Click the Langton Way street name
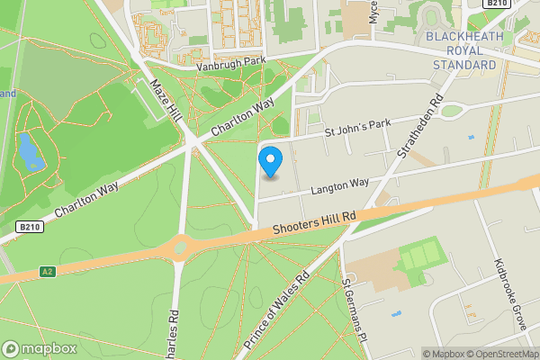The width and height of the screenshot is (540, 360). click(x=339, y=185)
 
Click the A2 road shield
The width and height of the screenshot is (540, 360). click(x=48, y=270)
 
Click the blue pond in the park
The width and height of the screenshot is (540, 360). click(x=30, y=151)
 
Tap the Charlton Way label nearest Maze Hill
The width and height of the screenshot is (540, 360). click(x=242, y=117)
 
